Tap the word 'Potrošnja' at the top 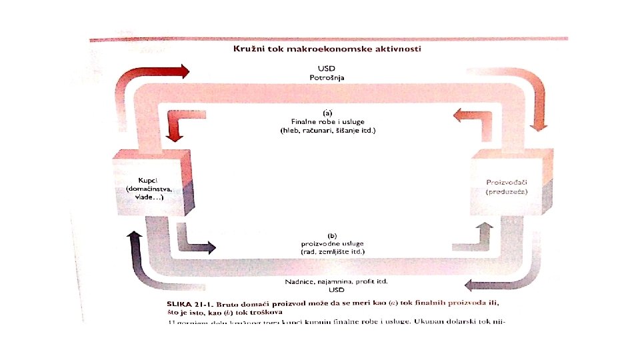pyautogui.click(x=327, y=77)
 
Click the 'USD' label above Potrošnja pyautogui.click(x=327, y=68)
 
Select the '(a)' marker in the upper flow pyautogui.click(x=327, y=113)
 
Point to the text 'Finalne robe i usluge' pyautogui.click(x=327, y=121)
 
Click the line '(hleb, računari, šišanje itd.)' pyautogui.click(x=327, y=131)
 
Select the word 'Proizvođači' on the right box pyautogui.click(x=507, y=181)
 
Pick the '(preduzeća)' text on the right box pyautogui.click(x=507, y=191)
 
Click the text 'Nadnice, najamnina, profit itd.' pyautogui.click(x=327, y=281)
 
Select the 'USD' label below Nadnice pyautogui.click(x=327, y=290)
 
